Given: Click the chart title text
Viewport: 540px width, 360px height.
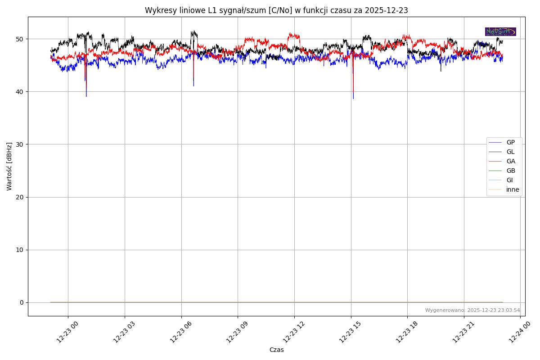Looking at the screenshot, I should pyautogui.click(x=276, y=10).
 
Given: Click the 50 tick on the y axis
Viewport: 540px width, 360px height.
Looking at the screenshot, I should pyautogui.click(x=20, y=39).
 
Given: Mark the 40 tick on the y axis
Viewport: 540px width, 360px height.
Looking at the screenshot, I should pyautogui.click(x=20, y=92).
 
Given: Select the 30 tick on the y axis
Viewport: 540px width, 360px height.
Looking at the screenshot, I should pyautogui.click(x=20, y=144).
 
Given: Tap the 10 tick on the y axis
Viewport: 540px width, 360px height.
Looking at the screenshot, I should pyautogui.click(x=20, y=250).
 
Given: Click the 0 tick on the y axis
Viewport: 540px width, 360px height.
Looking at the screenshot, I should pyautogui.click(x=22, y=302).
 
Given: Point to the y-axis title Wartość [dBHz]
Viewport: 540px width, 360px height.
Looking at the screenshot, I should pyautogui.click(x=9, y=166).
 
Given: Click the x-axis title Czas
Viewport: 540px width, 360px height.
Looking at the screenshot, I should pyautogui.click(x=276, y=350).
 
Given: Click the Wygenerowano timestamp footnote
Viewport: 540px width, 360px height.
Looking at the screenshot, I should pyautogui.click(x=472, y=310).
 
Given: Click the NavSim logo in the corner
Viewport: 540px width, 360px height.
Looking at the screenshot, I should pyautogui.click(x=500, y=31).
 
